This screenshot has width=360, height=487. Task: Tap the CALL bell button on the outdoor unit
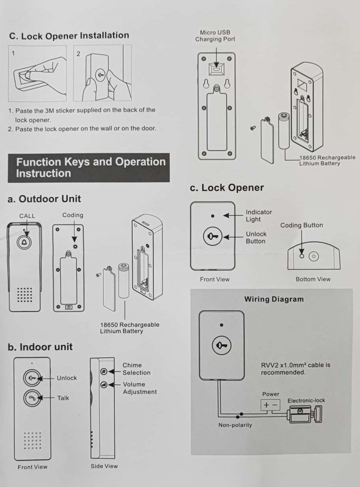pos(24,243)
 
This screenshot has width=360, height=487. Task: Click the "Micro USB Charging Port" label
pos(215,36)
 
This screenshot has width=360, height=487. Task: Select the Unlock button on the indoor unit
pos(31,378)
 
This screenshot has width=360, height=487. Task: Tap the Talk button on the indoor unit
pos(31,398)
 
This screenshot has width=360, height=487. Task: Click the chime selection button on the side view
pos(104,371)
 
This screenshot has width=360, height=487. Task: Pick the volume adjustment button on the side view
pos(104,384)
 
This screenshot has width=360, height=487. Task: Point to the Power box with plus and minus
pos(271,405)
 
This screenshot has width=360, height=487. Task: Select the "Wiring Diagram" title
pos(274,299)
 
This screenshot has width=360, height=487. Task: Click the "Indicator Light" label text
pos(259,216)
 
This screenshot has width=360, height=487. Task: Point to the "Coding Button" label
pos(302,225)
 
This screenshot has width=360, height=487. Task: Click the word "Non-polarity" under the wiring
pos(235,425)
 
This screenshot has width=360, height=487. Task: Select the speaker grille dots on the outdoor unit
pos(25,295)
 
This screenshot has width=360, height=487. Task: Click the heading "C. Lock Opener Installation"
pos(69,36)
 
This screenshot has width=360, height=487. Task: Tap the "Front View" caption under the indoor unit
pos(32,467)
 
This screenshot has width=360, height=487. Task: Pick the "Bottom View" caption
pos(313,279)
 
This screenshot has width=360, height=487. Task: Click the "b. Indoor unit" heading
pos(40,347)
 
